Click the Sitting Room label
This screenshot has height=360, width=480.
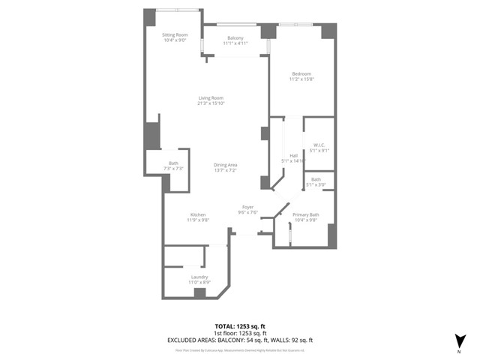click(x=175, y=35)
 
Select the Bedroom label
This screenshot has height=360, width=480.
click(x=301, y=73)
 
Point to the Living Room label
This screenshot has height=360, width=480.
click(x=211, y=98)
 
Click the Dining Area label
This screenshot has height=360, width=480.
click(x=225, y=165)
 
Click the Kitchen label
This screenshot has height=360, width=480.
click(x=197, y=214)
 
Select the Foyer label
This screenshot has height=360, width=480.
click(x=247, y=207)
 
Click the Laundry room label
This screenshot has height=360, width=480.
click(x=199, y=277)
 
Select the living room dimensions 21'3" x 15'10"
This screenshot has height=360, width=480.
click(x=211, y=103)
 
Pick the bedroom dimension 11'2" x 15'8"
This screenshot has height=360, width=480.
click(x=301, y=79)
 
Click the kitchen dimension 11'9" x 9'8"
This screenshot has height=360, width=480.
click(x=197, y=220)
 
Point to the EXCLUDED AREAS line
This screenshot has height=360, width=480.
click(x=240, y=340)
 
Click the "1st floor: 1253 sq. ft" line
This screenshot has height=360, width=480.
click(x=240, y=334)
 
